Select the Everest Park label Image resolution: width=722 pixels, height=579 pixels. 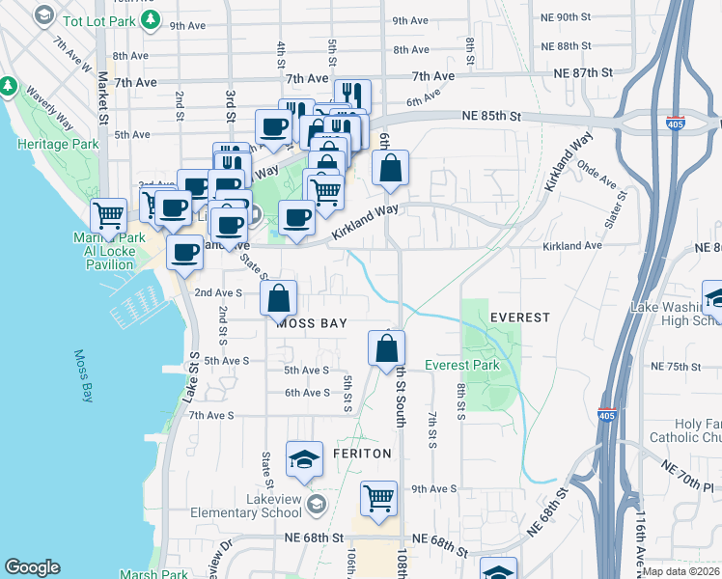click(461, 366)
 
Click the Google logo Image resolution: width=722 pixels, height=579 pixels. click(32, 567)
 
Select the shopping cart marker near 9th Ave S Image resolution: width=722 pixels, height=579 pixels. click(379, 498)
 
